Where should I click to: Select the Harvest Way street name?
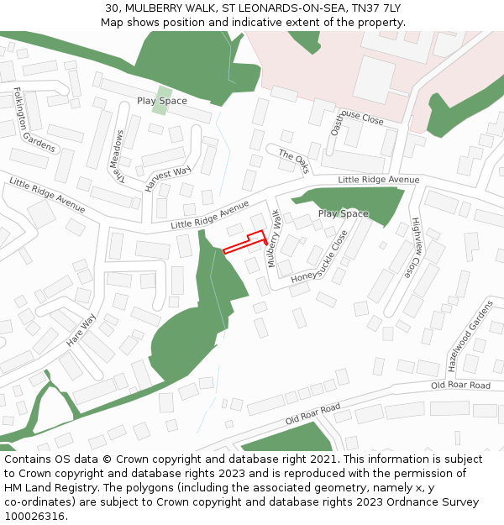click(x=168, y=179)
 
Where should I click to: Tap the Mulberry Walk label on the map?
click(x=273, y=239)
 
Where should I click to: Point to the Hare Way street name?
click(x=81, y=330)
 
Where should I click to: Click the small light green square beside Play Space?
click(x=163, y=95)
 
